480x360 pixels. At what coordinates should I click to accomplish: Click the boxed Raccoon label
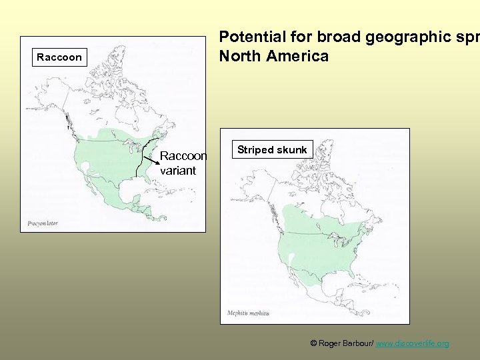[59, 57]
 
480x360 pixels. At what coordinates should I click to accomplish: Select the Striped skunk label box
[273, 150]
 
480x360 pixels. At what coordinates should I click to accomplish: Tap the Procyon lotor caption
[43, 223]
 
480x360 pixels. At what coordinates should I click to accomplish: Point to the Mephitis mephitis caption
[248, 313]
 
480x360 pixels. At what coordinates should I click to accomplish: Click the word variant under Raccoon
[178, 171]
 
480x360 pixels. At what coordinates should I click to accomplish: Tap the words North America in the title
[274, 57]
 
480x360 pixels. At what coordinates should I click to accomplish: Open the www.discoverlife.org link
[412, 343]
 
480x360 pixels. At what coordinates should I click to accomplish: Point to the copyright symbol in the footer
[313, 343]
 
